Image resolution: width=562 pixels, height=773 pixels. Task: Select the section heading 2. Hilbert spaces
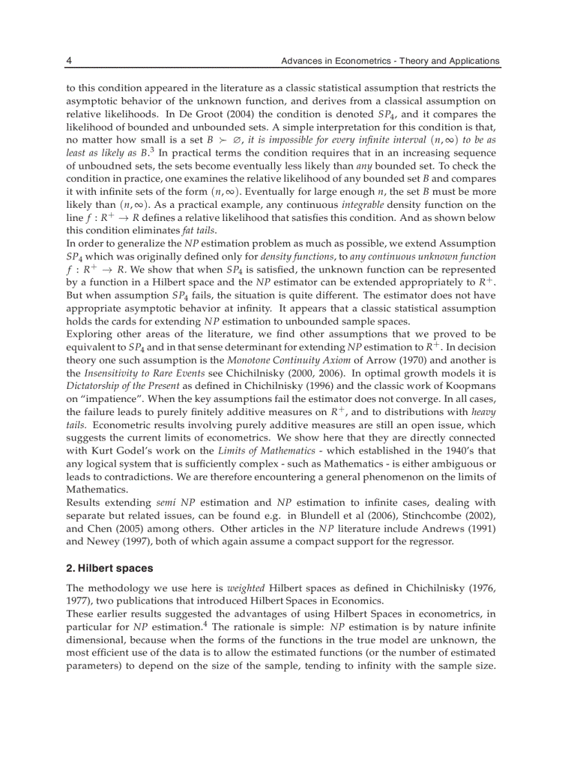tap(110, 569)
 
